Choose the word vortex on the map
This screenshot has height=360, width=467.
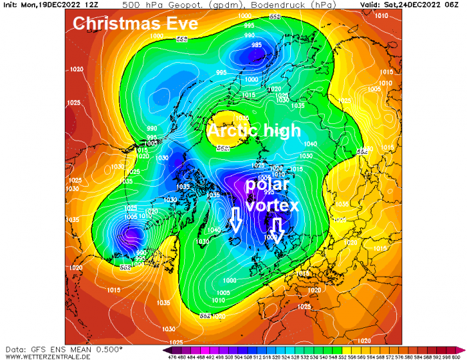tap(272, 207)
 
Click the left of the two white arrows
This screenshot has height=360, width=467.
tap(235, 219)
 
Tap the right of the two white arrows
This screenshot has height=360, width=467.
tap(278, 229)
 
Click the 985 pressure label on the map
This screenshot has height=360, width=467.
tap(257, 45)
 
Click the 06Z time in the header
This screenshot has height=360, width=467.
tap(455, 5)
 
